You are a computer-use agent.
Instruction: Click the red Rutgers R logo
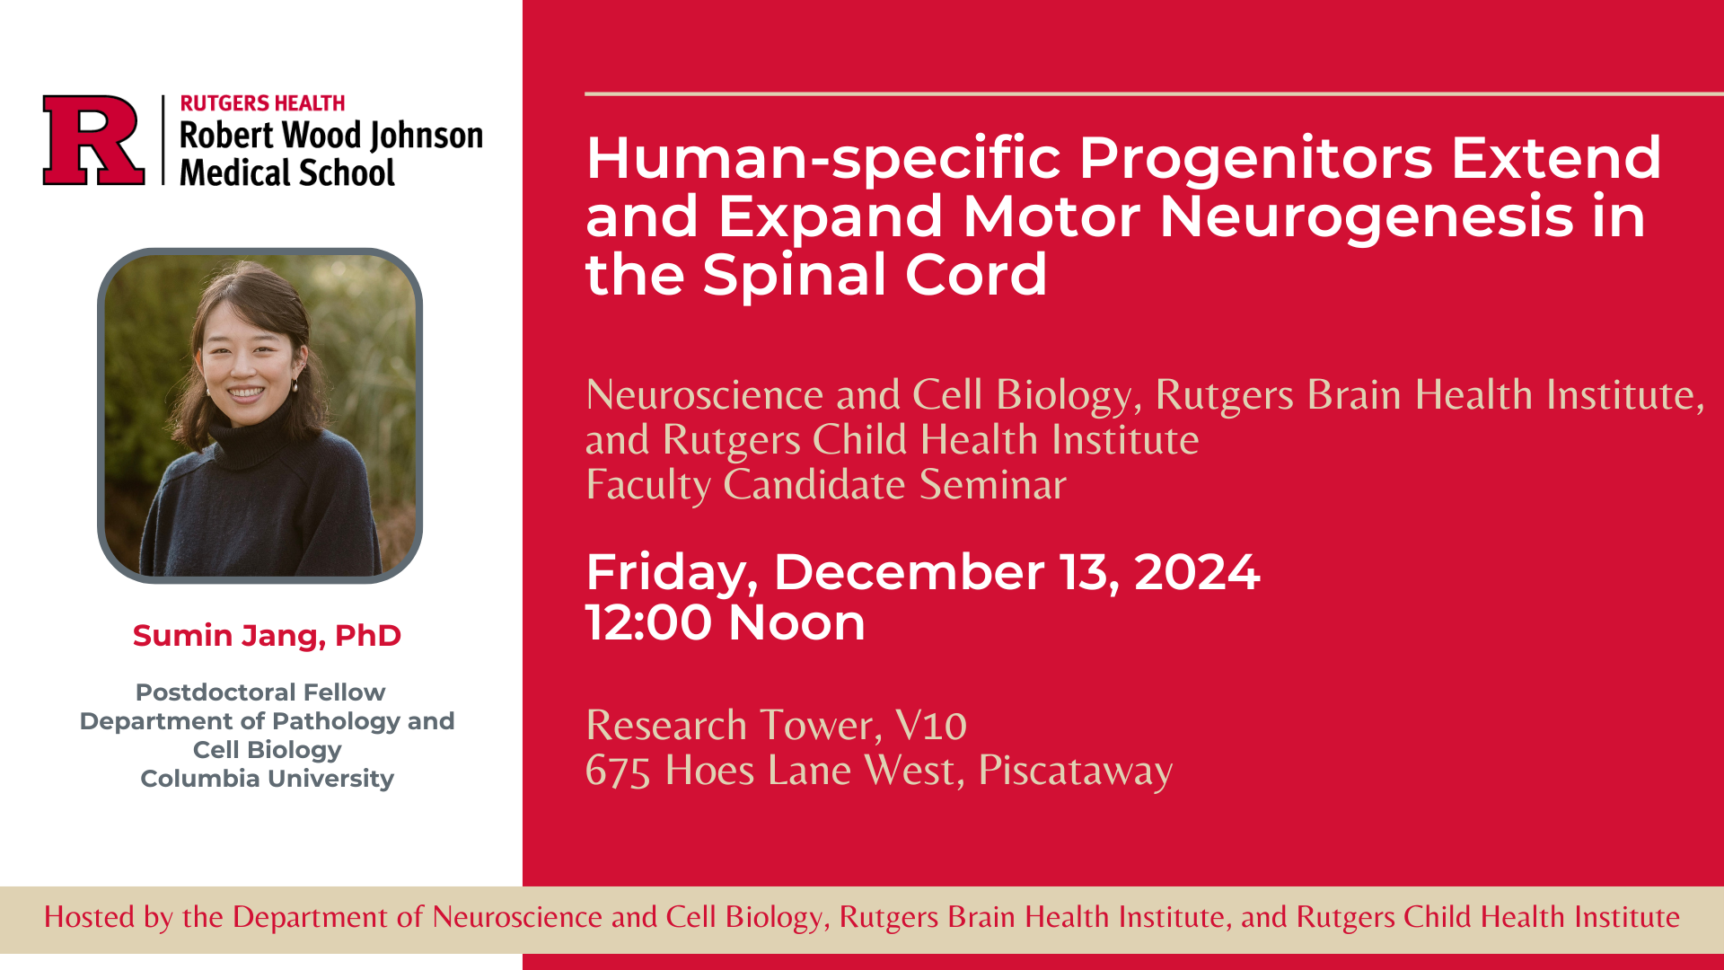93,140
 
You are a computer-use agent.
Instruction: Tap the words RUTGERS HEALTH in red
262,103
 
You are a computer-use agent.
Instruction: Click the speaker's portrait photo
259,416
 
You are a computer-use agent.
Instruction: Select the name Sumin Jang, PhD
267,636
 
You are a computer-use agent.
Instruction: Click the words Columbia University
267,779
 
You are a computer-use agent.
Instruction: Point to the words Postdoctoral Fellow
260,692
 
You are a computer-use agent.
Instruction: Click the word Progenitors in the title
1256,160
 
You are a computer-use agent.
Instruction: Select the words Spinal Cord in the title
875,275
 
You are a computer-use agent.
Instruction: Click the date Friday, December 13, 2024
923,572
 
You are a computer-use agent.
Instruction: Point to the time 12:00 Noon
726,622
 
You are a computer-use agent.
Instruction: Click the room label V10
931,725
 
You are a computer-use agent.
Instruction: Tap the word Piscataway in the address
1076,771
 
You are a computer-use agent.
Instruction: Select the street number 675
618,771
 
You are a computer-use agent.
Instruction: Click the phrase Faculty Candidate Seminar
826,485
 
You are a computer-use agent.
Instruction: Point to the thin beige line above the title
1154,93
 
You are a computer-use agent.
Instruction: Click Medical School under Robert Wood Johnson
287,172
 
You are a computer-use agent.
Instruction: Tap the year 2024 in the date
1197,572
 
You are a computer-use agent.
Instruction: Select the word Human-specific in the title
823,160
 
